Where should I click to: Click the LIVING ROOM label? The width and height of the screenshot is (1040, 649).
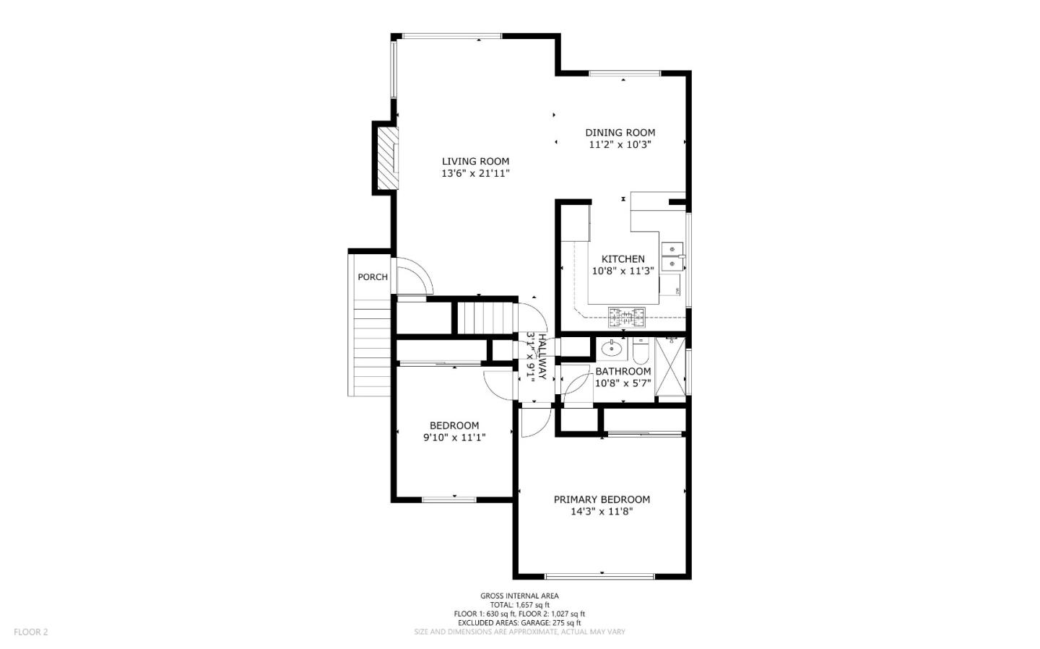pyautogui.click(x=475, y=161)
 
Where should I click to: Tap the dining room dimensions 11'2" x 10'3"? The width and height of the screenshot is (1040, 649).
pyautogui.click(x=620, y=144)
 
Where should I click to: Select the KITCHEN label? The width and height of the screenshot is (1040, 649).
pyautogui.click(x=623, y=258)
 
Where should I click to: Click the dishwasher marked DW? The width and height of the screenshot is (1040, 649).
pyautogui.click(x=677, y=291)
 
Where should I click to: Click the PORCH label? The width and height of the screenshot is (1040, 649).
pyautogui.click(x=373, y=276)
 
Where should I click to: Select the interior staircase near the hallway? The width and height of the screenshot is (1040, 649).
pyautogui.click(x=485, y=317)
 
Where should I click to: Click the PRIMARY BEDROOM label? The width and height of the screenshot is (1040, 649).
pyautogui.click(x=602, y=499)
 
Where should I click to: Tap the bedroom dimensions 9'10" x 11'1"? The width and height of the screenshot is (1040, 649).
pyautogui.click(x=454, y=437)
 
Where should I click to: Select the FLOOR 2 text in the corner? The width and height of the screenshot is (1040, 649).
pyautogui.click(x=30, y=632)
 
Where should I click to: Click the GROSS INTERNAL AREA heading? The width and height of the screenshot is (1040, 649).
pyautogui.click(x=519, y=596)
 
